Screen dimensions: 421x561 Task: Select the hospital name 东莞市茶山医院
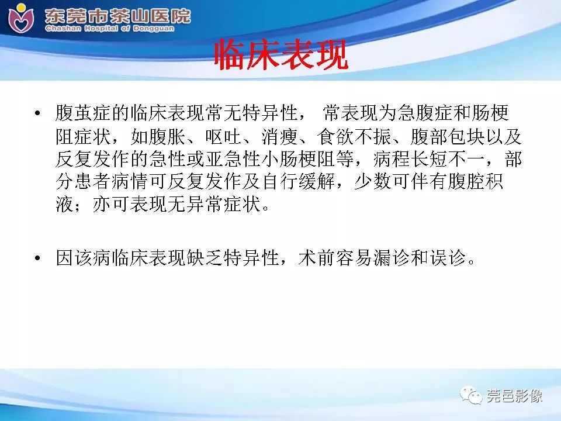[x=117, y=15]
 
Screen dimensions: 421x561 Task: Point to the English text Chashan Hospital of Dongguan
[x=117, y=28]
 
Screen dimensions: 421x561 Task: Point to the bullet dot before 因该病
[x=39, y=258]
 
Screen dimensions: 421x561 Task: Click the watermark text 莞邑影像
[x=514, y=397]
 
